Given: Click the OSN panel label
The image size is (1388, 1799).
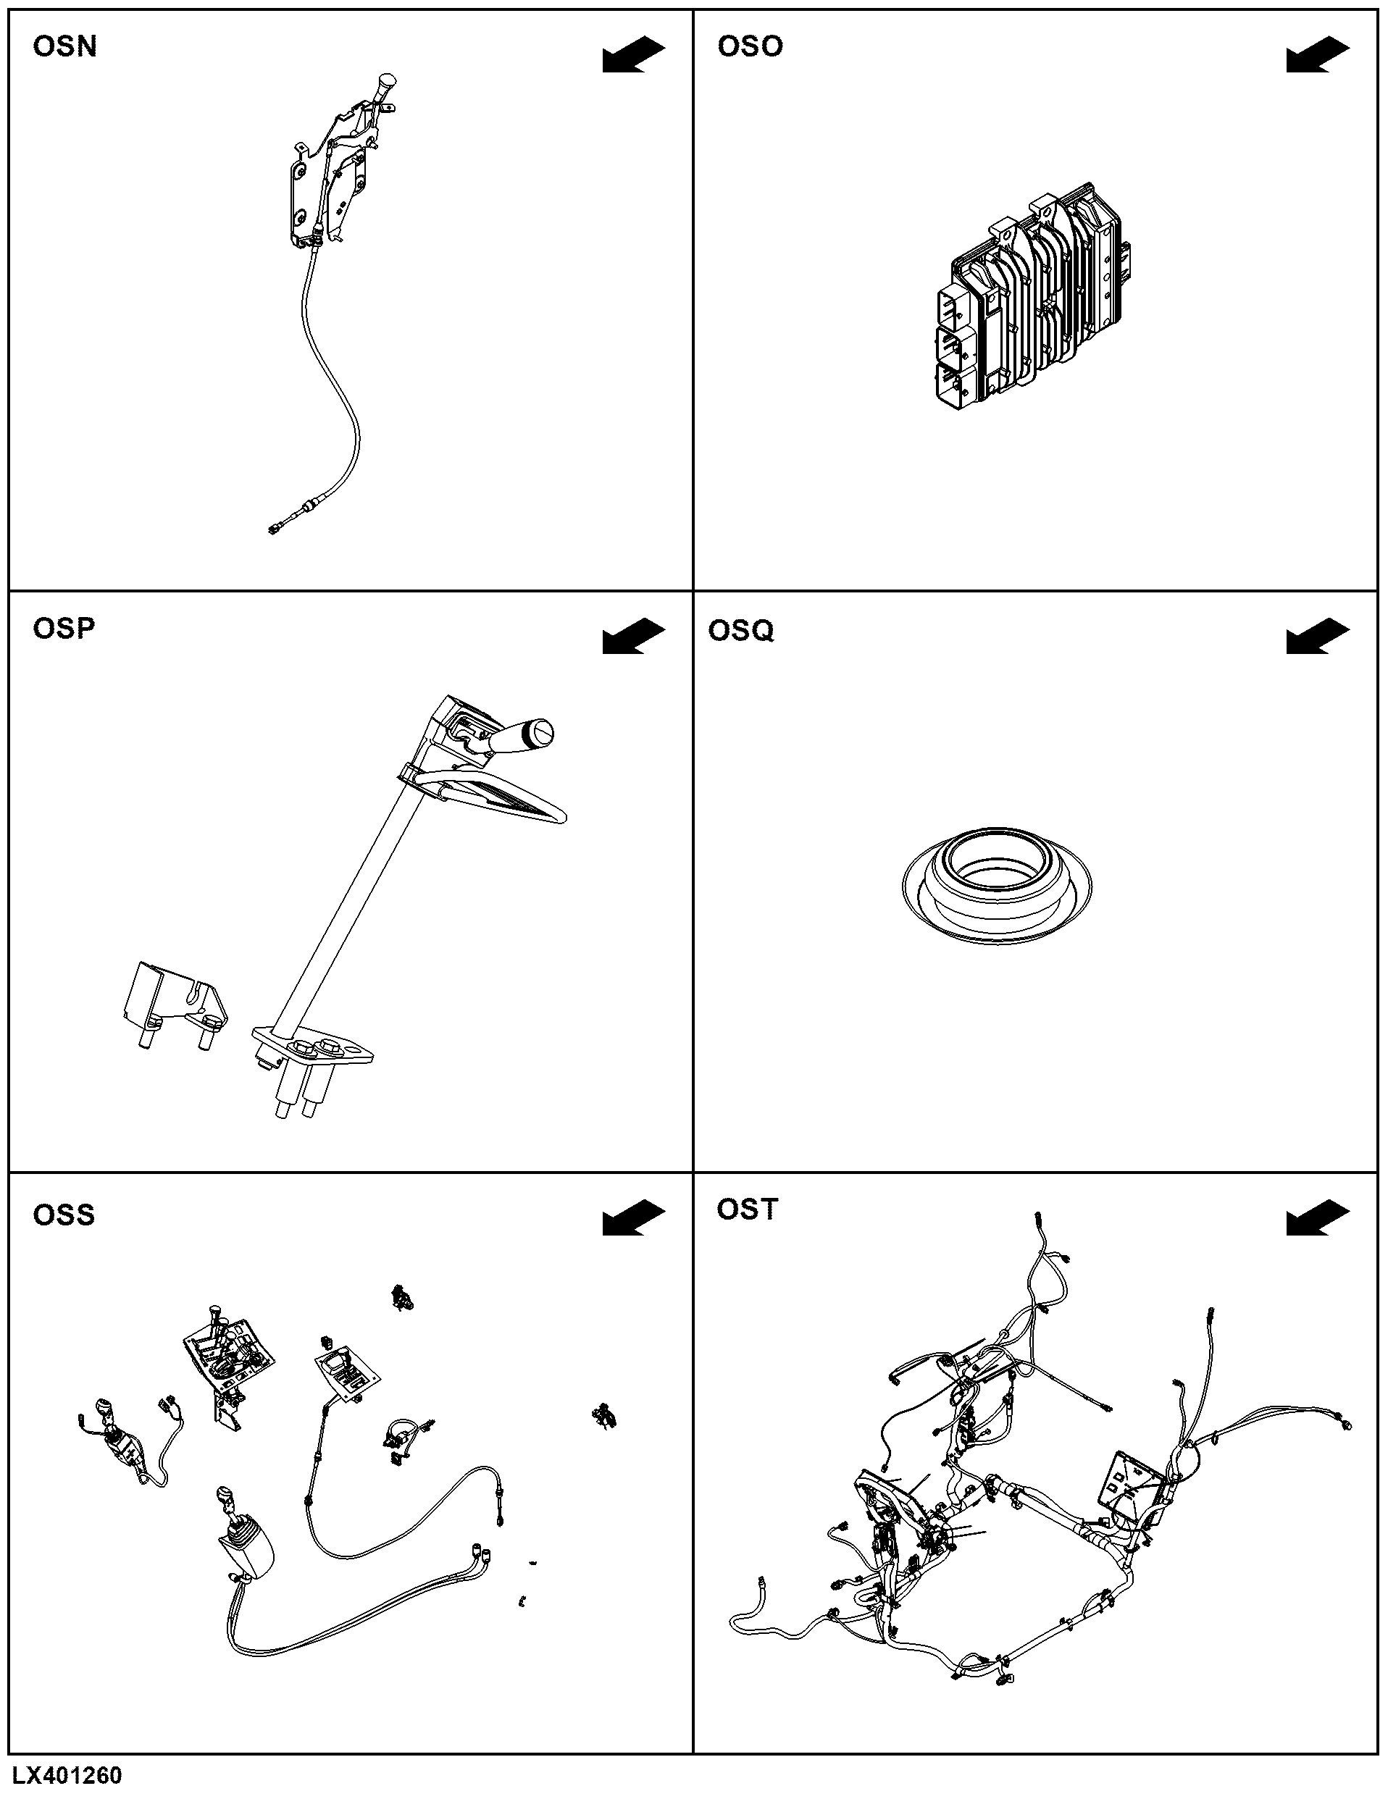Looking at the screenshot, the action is click(x=64, y=47).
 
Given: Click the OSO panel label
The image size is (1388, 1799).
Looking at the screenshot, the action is click(x=750, y=47).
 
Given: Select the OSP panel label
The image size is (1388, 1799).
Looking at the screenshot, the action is click(x=64, y=629).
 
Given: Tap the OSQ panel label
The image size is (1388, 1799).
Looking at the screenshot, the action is click(x=740, y=631).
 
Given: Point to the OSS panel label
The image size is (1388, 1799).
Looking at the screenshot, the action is click(x=64, y=1215).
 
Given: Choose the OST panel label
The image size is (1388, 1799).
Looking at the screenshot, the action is click(x=747, y=1209).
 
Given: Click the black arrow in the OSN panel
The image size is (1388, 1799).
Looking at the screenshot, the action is click(x=633, y=54).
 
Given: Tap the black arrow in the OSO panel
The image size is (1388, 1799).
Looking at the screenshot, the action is click(x=1318, y=54).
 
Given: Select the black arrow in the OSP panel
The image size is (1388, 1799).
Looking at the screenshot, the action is click(x=633, y=637).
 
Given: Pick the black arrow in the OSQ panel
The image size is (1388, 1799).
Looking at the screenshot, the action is click(x=1318, y=637).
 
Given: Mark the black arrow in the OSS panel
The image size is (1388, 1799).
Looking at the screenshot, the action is click(x=633, y=1217).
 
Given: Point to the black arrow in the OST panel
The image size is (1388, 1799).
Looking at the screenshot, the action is click(x=1318, y=1217).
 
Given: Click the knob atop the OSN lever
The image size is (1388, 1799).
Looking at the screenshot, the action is click(x=385, y=84).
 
